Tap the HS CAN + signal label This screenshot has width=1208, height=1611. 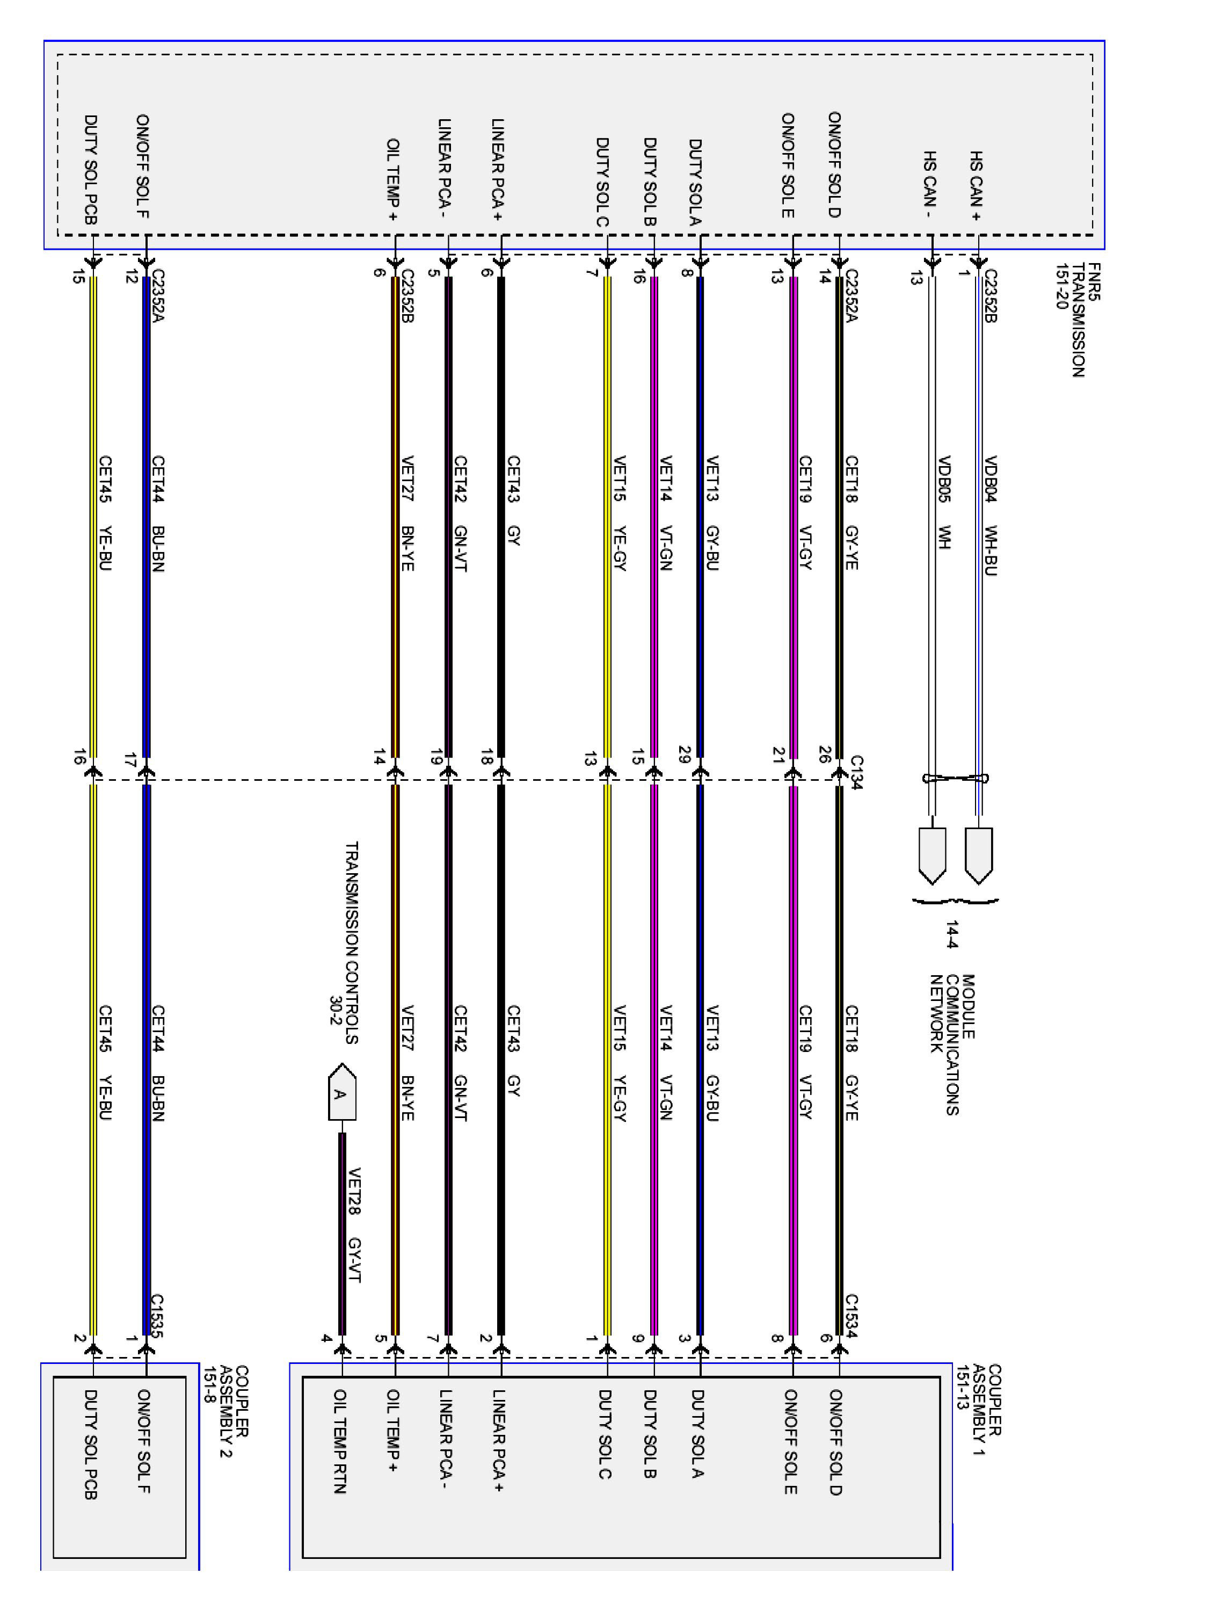(975, 186)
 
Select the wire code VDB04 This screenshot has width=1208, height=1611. (989, 478)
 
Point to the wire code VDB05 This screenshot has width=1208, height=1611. (943, 478)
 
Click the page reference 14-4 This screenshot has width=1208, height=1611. (952, 934)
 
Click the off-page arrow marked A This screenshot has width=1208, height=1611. (341, 1092)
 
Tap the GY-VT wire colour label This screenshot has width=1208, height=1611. (354, 1259)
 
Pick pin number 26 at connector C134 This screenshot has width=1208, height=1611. (824, 754)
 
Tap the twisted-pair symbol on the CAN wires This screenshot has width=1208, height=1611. (955, 778)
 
